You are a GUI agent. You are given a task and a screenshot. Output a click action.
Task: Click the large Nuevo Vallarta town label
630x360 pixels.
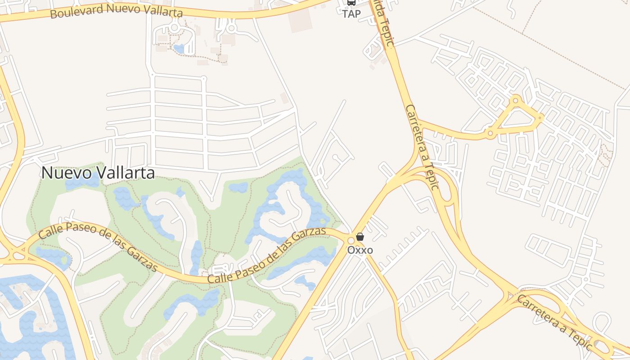(98, 173)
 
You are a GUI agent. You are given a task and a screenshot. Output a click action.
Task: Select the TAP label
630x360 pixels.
(351, 14)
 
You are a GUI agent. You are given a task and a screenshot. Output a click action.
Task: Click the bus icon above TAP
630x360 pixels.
(351, 3)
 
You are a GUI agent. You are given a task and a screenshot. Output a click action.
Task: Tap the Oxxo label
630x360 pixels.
(360, 250)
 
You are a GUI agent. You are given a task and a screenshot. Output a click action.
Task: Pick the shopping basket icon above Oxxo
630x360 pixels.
(360, 237)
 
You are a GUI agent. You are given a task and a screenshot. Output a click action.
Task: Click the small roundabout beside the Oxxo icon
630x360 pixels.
(351, 240)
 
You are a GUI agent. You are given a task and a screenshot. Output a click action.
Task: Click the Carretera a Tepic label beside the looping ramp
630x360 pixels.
(422, 147)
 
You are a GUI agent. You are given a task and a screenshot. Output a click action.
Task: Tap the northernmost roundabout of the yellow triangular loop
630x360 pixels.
(516, 99)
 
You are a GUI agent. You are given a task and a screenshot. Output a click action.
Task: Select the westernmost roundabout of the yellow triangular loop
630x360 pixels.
(490, 133)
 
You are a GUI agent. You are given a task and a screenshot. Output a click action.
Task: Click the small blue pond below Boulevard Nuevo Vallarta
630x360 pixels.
(179, 48)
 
